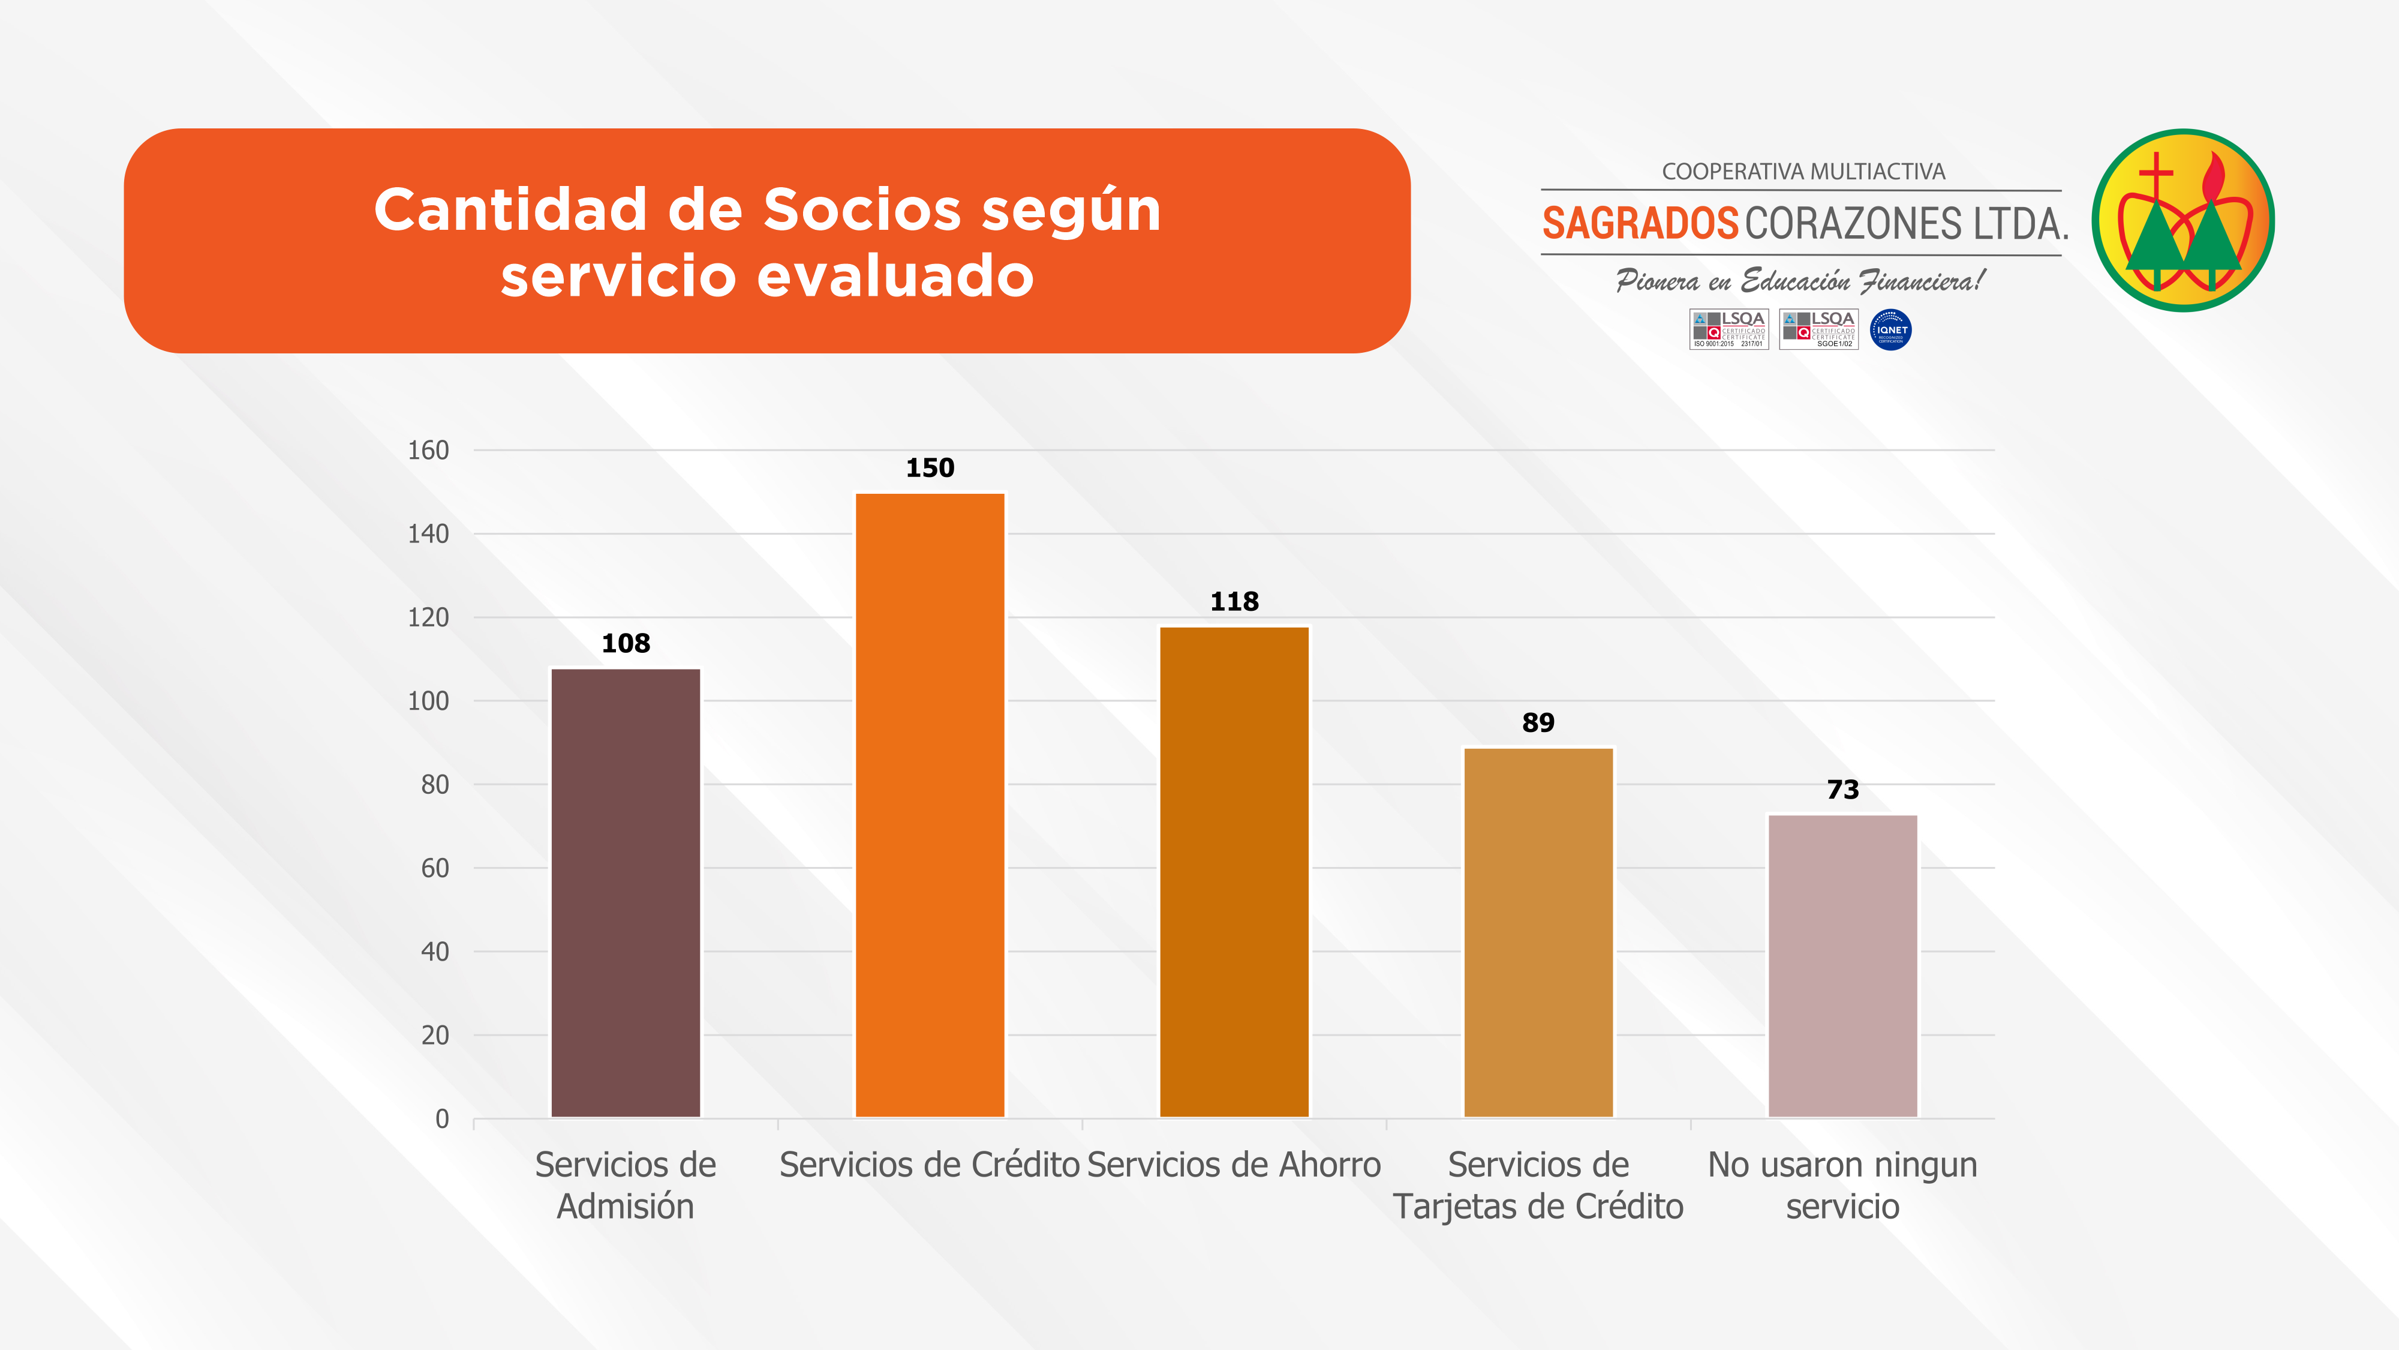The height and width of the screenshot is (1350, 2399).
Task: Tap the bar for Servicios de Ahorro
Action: click(x=1234, y=871)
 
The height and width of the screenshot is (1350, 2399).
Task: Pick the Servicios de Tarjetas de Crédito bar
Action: click(x=1538, y=932)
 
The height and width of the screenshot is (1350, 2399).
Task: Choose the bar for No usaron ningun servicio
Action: click(x=1842, y=965)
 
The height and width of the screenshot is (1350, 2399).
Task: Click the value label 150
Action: click(x=930, y=468)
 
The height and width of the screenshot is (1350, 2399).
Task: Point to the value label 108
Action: click(x=626, y=643)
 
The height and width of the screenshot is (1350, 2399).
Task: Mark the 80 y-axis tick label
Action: click(x=435, y=784)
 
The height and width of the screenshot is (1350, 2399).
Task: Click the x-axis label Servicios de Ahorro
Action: click(x=1234, y=1165)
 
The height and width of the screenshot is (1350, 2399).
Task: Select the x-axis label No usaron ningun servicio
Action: click(x=1842, y=1185)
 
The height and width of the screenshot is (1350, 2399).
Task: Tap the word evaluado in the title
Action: click(x=895, y=276)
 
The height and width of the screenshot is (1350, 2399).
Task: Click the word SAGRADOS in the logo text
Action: click(x=1640, y=224)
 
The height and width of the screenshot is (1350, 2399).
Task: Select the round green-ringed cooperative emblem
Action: click(x=2183, y=221)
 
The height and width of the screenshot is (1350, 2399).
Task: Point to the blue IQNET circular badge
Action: click(x=1890, y=330)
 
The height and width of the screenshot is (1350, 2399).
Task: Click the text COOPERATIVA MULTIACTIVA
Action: click(x=1803, y=172)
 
